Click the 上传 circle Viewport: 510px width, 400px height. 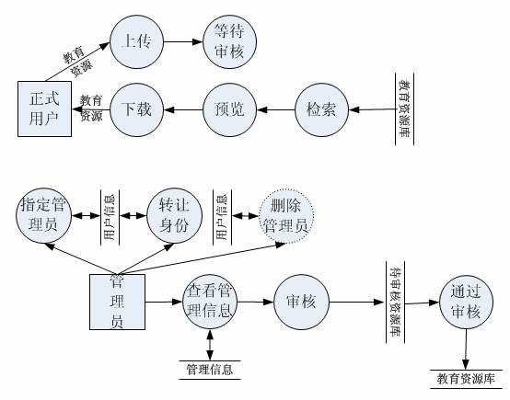136,41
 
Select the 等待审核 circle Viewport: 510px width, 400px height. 229,41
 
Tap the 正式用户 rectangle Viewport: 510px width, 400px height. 44,109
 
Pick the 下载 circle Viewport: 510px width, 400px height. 136,109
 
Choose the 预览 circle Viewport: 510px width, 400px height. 229,109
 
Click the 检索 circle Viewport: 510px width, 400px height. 322,109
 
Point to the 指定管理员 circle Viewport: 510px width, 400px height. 43,215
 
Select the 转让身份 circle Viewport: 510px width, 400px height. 174,215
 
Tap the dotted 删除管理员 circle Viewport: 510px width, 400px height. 286,215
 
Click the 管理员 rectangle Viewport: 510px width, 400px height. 118,302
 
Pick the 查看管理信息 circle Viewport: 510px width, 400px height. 210,302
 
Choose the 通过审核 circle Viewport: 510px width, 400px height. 466,302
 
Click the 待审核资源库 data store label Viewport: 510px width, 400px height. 396,302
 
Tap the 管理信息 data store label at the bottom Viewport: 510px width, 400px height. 210,370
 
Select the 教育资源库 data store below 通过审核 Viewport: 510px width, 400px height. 466,379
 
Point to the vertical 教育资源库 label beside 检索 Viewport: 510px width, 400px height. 405,109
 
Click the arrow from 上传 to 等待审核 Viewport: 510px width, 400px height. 183,41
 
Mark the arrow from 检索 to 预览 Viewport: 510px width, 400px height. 276,109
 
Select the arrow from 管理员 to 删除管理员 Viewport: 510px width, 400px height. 202,259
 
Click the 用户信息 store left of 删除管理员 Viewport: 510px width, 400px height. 222,217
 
